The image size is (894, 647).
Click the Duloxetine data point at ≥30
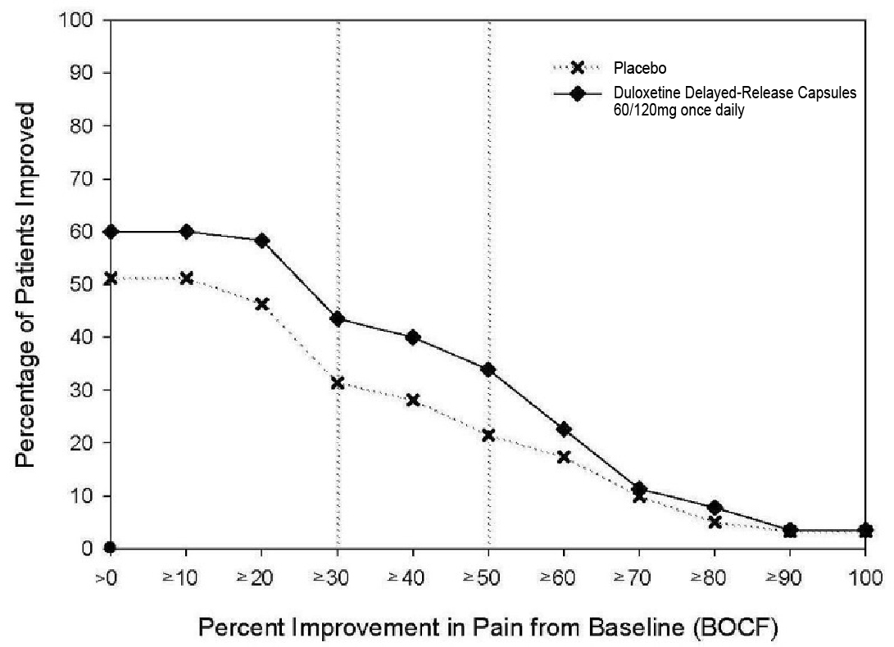coord(338,319)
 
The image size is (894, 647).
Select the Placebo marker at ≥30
coord(338,382)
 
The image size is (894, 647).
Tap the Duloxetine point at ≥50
coord(488,369)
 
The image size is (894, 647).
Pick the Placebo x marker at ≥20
coord(262,304)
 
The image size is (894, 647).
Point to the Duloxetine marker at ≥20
coord(262,241)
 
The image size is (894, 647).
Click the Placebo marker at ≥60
coord(564,457)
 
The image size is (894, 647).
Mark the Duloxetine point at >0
coord(111,232)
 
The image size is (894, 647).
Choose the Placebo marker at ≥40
coord(413,400)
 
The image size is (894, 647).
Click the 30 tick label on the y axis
coord(79,390)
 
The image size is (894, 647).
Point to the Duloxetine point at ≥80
coord(715,508)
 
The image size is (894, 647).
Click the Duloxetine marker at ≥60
coord(564,429)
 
